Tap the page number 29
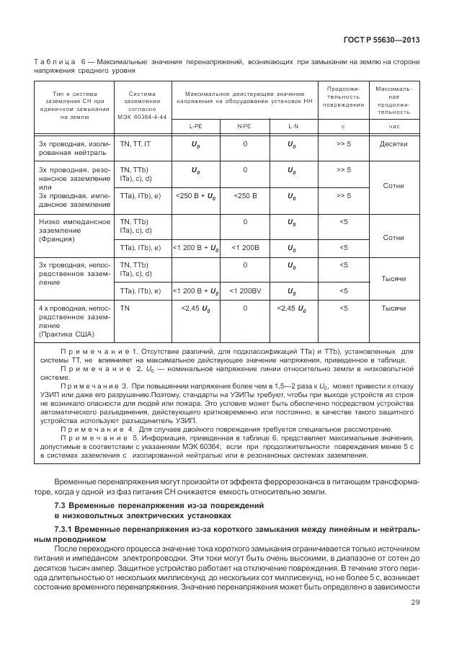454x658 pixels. point(415,603)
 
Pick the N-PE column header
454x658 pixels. point(244,126)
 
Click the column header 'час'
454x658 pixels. point(393,126)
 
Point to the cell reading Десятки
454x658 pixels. point(393,143)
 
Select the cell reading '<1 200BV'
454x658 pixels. point(244,290)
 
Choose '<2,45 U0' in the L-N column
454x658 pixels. point(292,308)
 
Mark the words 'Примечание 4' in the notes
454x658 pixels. point(93,427)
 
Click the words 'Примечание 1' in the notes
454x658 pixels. point(93,351)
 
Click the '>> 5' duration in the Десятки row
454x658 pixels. point(343,143)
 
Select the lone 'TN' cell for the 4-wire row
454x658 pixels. point(125,308)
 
